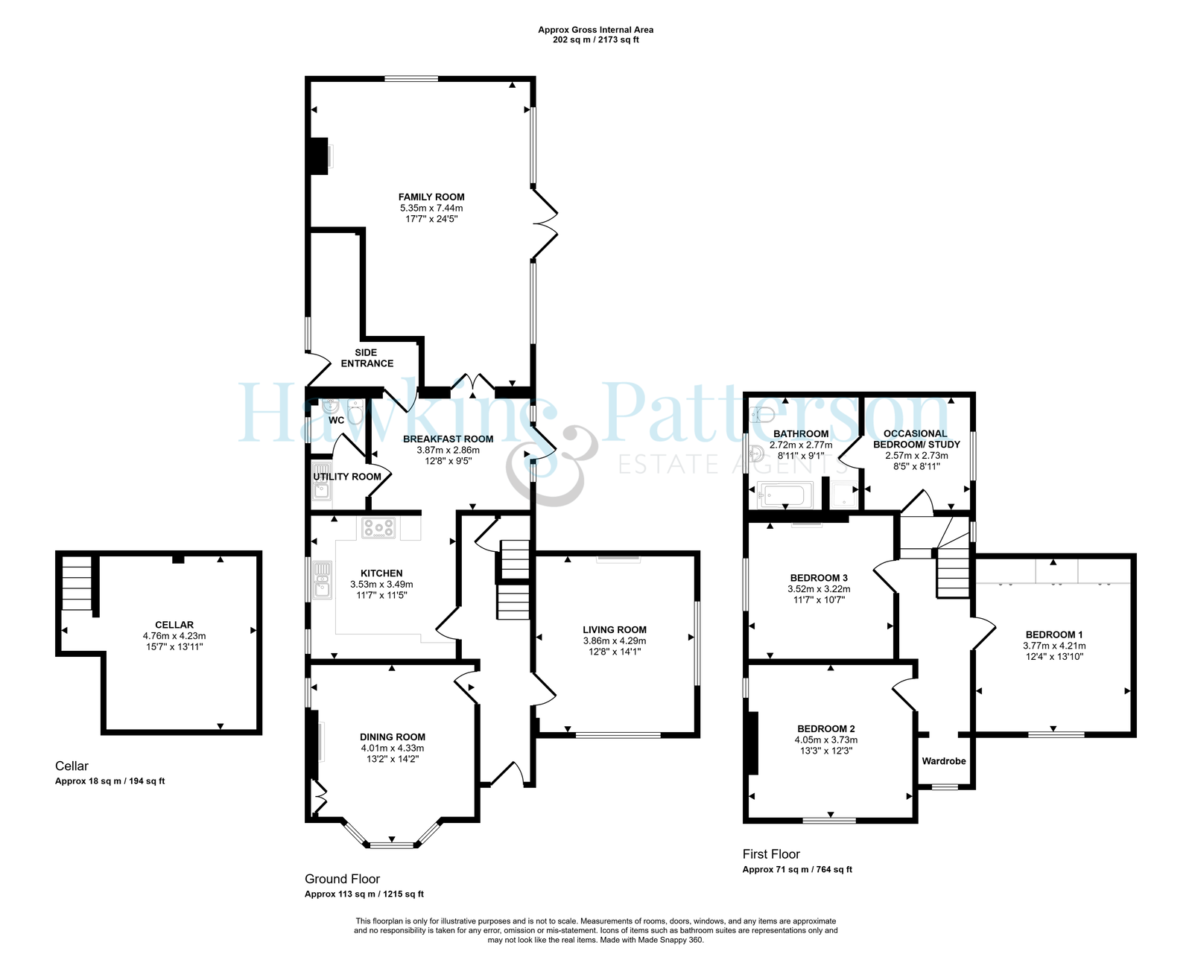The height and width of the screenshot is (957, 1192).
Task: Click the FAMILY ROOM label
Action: pyautogui.click(x=431, y=197)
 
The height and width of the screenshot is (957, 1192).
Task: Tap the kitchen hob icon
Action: pyautogui.click(x=378, y=528)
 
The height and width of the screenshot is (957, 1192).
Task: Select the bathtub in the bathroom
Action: pyautogui.click(x=784, y=495)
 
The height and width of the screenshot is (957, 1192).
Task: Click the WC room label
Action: pyautogui.click(x=336, y=420)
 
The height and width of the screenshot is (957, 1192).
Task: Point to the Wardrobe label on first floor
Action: pyautogui.click(x=943, y=761)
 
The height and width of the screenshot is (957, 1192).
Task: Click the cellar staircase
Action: pyautogui.click(x=77, y=583)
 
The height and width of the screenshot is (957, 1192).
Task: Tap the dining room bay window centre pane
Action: pyautogui.click(x=392, y=845)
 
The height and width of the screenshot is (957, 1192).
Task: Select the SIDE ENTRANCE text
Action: pyautogui.click(x=367, y=357)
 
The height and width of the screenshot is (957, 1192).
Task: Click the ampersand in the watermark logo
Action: pyautogui.click(x=552, y=465)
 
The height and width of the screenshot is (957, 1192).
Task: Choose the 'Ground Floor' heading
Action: pyautogui.click(x=342, y=879)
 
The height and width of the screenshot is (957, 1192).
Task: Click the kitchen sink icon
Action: pyautogui.click(x=322, y=580)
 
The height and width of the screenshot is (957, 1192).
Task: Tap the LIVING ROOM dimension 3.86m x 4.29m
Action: pyautogui.click(x=615, y=640)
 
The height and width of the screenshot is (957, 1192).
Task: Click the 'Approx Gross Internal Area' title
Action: pyautogui.click(x=595, y=30)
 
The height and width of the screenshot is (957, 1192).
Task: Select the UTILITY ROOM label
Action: pyautogui.click(x=347, y=477)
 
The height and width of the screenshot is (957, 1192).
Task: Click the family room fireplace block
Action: pyautogui.click(x=320, y=156)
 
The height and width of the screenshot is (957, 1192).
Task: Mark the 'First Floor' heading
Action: pyautogui.click(x=771, y=854)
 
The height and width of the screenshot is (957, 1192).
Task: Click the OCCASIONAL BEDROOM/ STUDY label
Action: pyautogui.click(x=916, y=439)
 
